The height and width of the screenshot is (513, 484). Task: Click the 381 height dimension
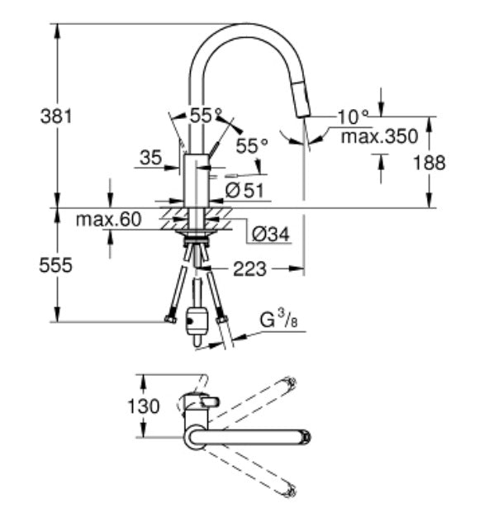point(56,116)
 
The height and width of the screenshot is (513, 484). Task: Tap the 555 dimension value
point(55,265)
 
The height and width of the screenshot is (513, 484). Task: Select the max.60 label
point(108,219)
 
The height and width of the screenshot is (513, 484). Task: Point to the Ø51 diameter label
point(244,190)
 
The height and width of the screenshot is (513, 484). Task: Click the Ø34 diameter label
point(271,234)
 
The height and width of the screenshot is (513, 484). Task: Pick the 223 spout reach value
point(249,269)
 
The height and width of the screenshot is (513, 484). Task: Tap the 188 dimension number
point(429,163)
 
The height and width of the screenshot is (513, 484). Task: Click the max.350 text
point(379,136)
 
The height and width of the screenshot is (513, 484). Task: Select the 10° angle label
point(353,116)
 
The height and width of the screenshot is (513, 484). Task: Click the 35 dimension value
point(151,158)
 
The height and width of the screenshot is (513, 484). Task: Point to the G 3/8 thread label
point(278,320)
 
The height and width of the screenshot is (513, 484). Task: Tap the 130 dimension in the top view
point(144,406)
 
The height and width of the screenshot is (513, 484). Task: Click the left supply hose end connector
point(170,319)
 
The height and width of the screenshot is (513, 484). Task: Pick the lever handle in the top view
point(210,401)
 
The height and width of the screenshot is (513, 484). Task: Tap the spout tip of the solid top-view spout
point(306,437)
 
